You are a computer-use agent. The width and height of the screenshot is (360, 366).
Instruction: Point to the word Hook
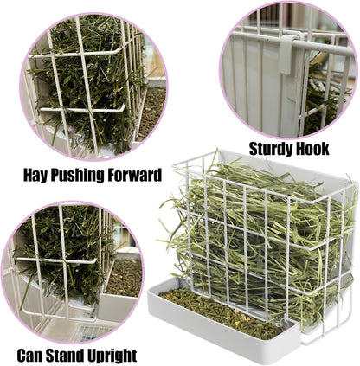[312, 149]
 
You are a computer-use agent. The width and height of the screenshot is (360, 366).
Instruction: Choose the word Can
[31, 355]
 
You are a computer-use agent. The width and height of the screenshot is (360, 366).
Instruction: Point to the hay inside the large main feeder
[251, 234]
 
